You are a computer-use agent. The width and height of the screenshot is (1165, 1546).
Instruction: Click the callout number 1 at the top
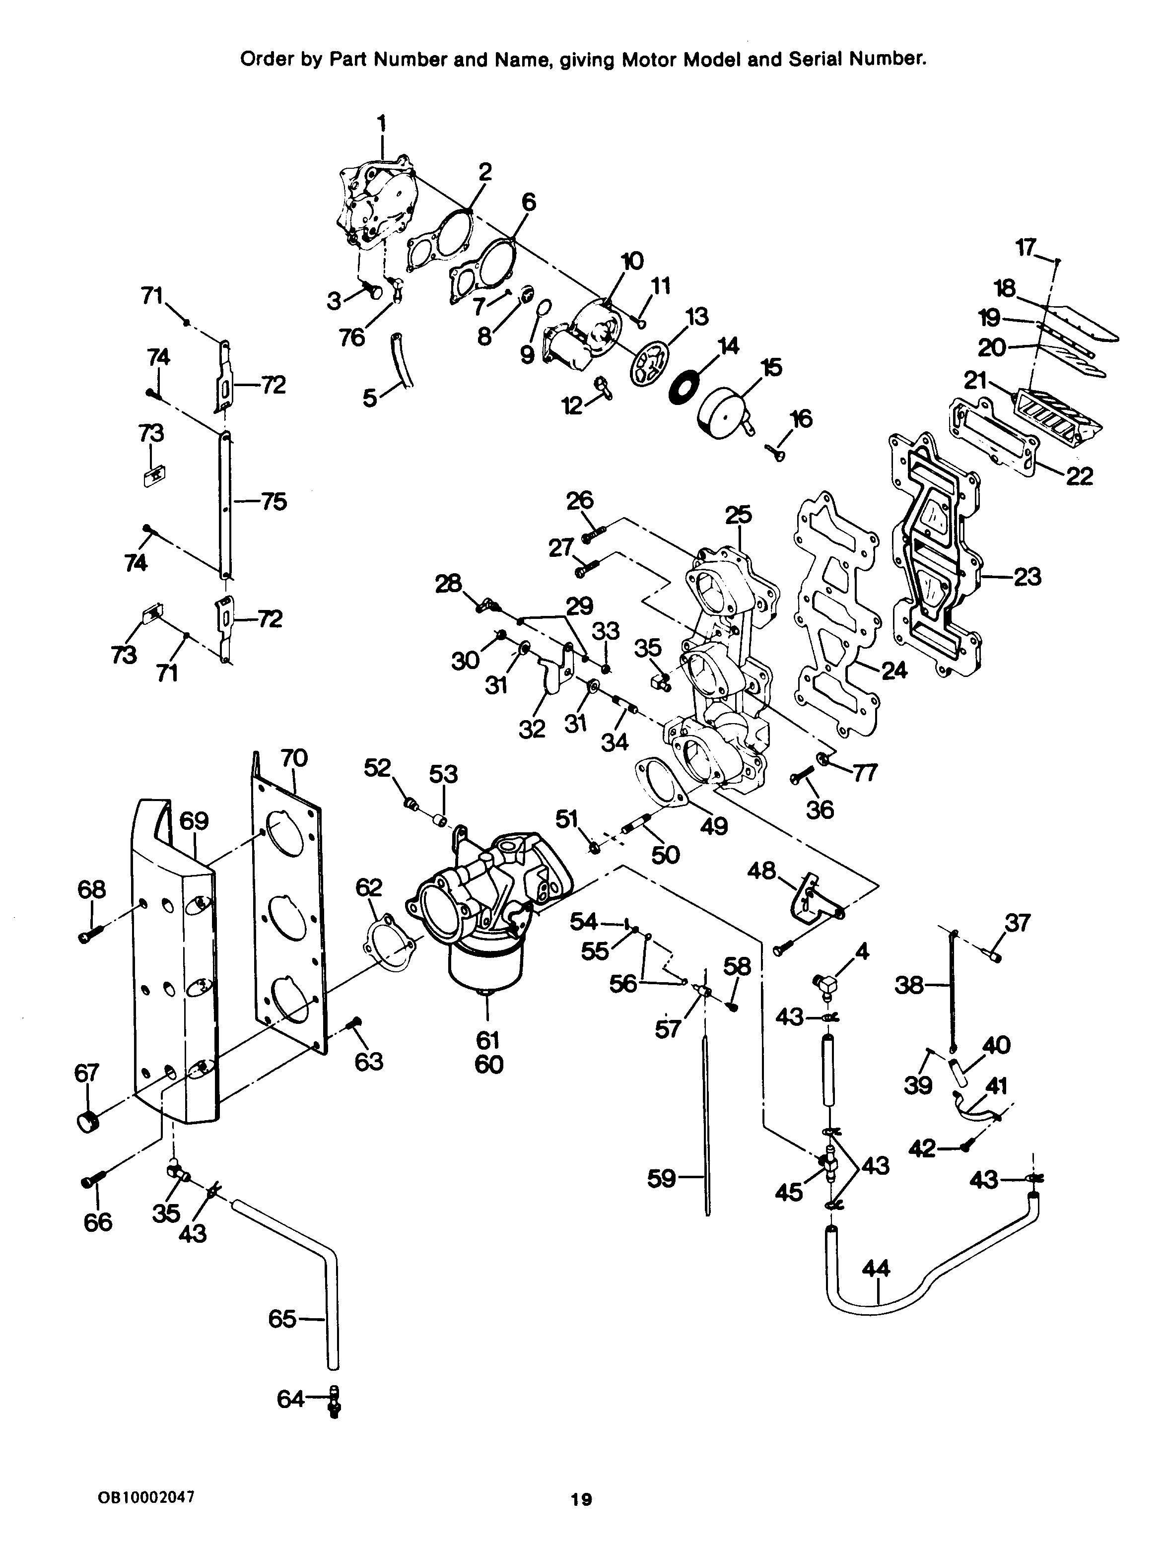382,124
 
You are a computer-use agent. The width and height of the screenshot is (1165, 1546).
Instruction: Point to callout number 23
1027,577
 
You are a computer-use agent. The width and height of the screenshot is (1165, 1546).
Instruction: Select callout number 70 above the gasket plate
293,758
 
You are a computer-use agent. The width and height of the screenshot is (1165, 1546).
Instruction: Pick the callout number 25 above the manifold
738,515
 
